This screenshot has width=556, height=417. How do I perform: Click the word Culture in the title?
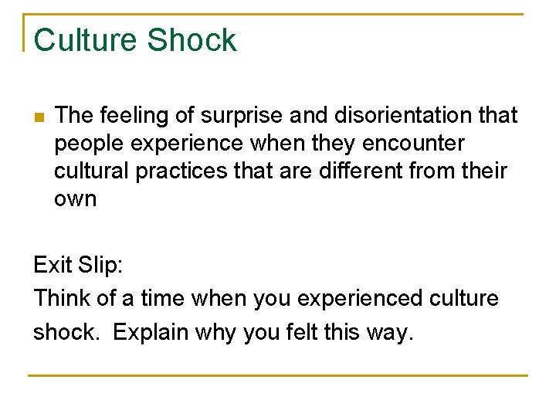tap(86, 41)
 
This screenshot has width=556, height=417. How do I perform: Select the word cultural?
tap(93, 171)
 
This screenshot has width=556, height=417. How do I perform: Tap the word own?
tap(76, 199)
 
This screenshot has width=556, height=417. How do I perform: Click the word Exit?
tap(52, 265)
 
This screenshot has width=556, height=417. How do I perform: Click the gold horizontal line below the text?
tap(278, 376)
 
